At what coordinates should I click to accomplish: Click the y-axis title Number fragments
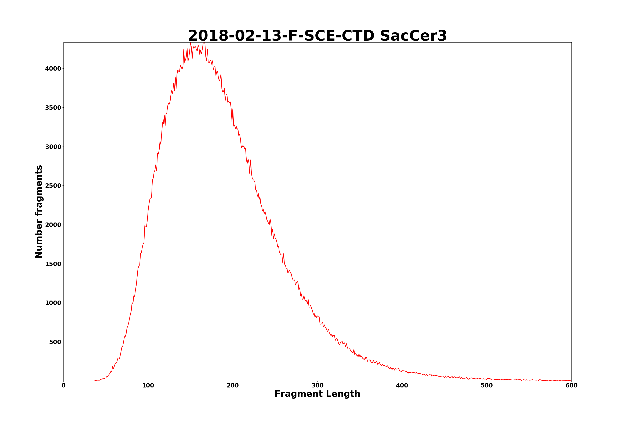tap(39, 211)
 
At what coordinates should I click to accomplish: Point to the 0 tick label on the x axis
tap(64, 386)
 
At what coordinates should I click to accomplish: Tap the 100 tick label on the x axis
tap(148, 386)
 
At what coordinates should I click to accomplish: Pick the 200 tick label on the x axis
tap(233, 386)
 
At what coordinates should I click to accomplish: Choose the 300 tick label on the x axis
tap(317, 386)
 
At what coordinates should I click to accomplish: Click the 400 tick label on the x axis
tap(402, 386)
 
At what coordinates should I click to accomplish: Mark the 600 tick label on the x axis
tap(571, 386)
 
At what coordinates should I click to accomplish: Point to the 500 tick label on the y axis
tap(55, 342)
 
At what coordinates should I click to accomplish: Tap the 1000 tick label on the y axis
tap(53, 303)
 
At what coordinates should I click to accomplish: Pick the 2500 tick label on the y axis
tap(53, 186)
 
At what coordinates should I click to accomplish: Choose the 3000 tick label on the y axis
tap(53, 147)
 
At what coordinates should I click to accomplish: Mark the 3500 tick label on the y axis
tap(53, 108)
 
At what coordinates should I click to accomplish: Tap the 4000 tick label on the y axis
tap(53, 69)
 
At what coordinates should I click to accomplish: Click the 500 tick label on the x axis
tap(487, 386)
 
